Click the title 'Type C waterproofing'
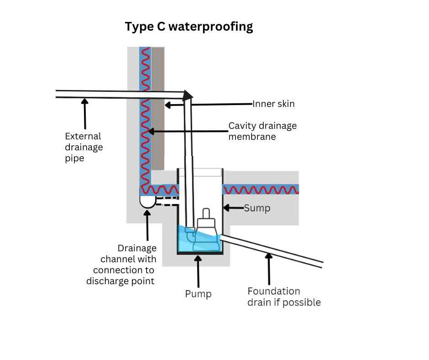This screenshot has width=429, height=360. (x=188, y=26)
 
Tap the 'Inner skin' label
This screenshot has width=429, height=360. (x=274, y=104)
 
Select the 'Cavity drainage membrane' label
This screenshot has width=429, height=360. (x=262, y=131)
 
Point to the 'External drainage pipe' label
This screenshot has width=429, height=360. (x=84, y=147)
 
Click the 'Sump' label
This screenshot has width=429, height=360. (x=257, y=208)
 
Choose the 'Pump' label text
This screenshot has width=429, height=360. (x=198, y=293)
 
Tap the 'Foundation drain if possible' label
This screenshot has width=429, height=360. (x=283, y=297)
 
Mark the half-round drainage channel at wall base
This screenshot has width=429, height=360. (x=147, y=201)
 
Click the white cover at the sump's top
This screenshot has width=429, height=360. (x=200, y=172)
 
